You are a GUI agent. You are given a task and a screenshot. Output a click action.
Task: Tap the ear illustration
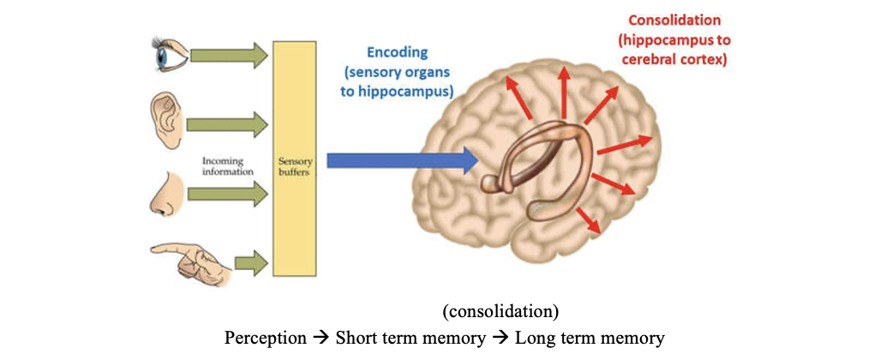(x=165, y=121)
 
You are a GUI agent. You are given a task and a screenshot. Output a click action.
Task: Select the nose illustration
(x=164, y=195)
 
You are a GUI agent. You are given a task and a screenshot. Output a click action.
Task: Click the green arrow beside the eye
(x=228, y=56)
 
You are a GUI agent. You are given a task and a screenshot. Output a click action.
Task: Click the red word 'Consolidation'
(x=675, y=20)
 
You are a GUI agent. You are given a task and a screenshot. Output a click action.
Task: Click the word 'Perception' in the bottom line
(x=265, y=338)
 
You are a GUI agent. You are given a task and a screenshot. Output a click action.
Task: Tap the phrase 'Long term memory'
(x=589, y=338)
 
